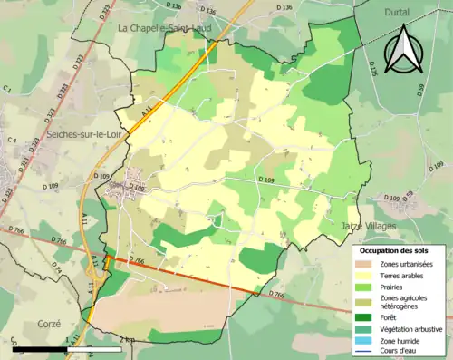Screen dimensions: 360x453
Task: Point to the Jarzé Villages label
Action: click(x=369, y=225)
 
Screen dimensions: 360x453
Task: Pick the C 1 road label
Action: click(x=7, y=89)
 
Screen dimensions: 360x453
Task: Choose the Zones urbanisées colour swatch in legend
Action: click(x=367, y=262)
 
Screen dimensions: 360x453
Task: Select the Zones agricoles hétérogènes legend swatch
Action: click(x=367, y=301)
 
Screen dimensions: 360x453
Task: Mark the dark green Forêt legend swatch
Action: click(x=367, y=316)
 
